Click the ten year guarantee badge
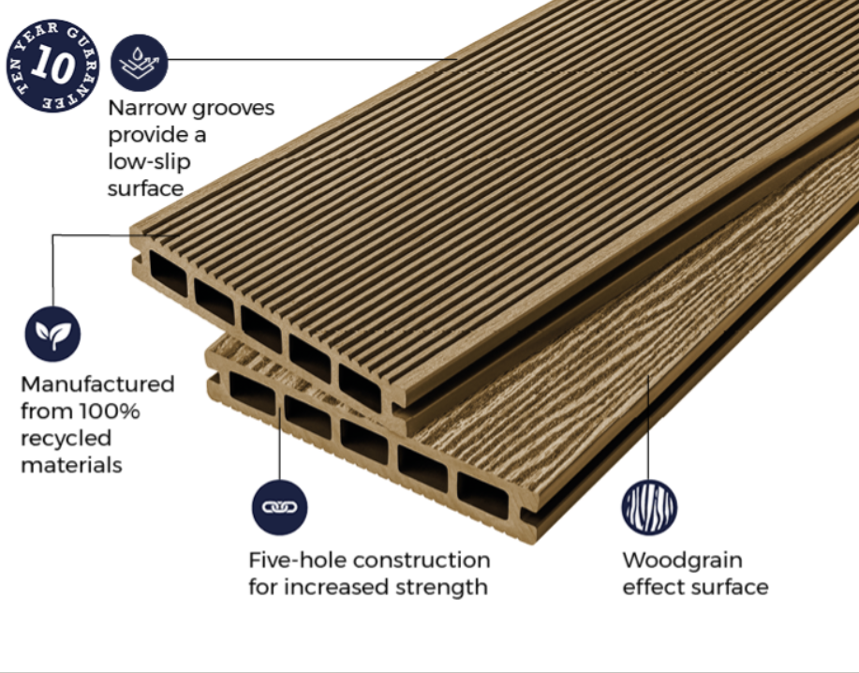[x=53, y=66]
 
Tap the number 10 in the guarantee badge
[x=52, y=65]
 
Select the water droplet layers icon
[x=140, y=63]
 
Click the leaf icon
[x=52, y=334]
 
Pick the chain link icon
[x=279, y=507]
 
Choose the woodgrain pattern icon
[x=649, y=507]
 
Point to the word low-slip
[x=149, y=161]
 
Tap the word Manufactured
[x=97, y=383]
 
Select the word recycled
[x=67, y=438]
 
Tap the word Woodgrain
[x=683, y=561]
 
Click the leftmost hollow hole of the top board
[x=169, y=274]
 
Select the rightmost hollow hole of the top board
[x=360, y=387]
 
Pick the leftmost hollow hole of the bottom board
[x=253, y=394]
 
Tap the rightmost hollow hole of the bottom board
[x=483, y=496]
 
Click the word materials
[x=71, y=465]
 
